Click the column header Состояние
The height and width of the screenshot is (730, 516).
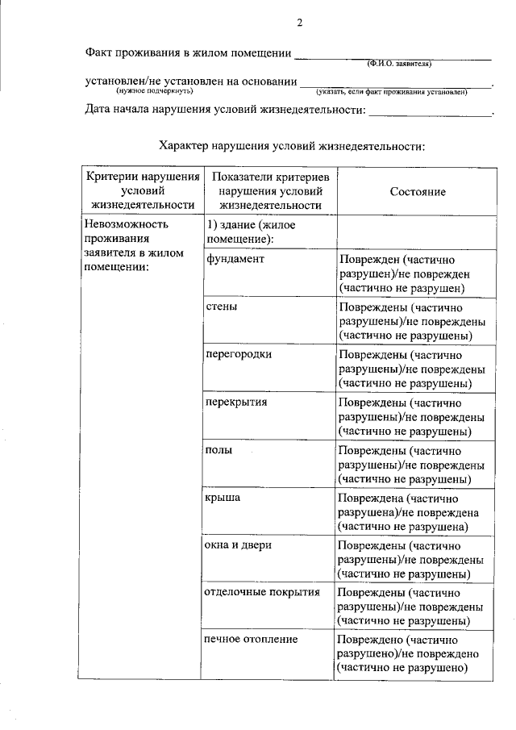418,191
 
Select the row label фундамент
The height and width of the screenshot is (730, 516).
235,260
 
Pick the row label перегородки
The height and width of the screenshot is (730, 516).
239,354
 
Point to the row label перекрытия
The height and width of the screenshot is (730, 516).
237,402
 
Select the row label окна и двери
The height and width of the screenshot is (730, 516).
239,544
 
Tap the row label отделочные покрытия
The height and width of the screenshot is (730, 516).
263,592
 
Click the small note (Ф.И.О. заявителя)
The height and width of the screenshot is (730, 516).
399,63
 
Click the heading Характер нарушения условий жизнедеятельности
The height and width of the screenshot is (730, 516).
291,146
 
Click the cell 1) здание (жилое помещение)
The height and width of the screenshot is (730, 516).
252,232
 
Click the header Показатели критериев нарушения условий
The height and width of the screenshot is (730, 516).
270,191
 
